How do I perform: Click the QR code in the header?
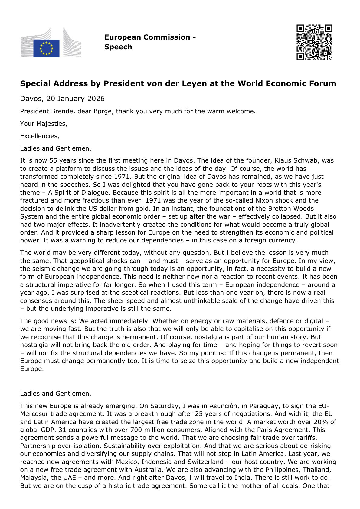pos(314,42)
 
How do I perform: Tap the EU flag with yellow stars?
pos(46,48)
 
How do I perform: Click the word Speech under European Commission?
pos(118,47)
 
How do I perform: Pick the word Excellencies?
pos(39,136)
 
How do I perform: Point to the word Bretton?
pos(280,209)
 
